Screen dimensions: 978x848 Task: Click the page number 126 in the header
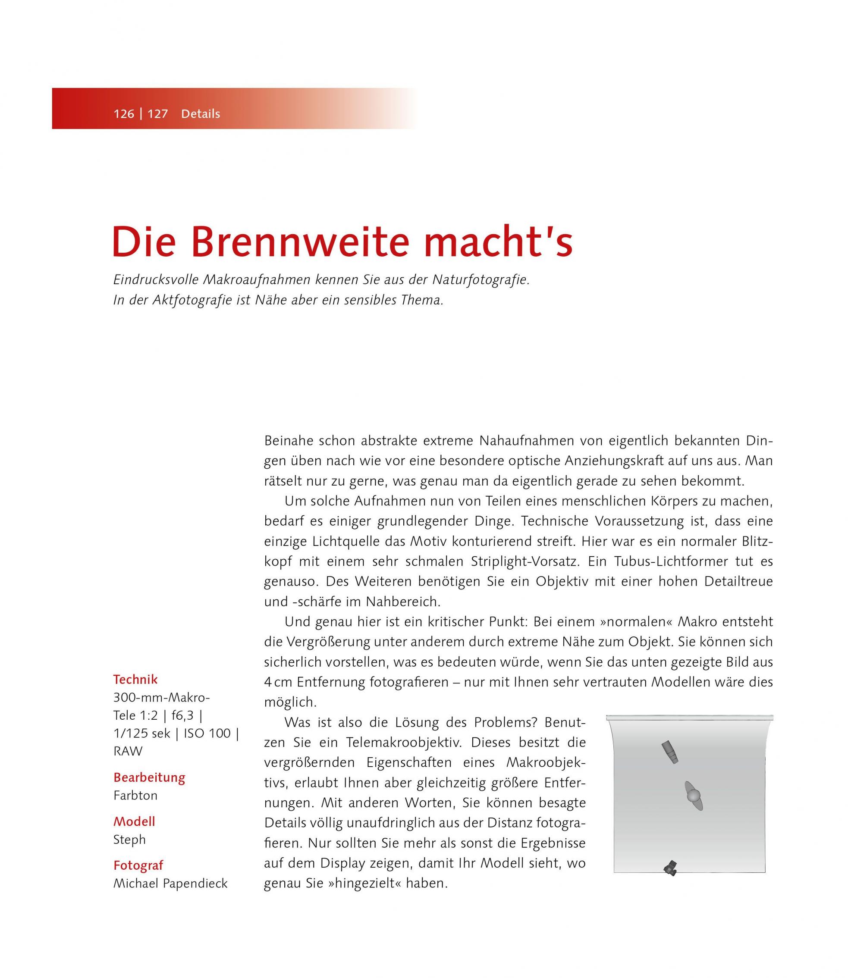coord(123,114)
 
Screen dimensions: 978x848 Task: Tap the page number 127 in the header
coord(157,114)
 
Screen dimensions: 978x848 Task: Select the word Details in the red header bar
coord(201,114)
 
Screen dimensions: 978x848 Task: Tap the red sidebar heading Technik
coord(135,680)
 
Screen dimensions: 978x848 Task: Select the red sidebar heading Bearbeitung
coord(149,777)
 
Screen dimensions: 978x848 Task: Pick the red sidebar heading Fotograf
coord(138,865)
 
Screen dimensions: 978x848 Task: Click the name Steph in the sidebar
coord(129,840)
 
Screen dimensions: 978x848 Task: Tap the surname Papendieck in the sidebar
coord(195,884)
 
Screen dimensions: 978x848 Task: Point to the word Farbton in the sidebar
coord(135,795)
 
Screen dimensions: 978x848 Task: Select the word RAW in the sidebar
coord(128,751)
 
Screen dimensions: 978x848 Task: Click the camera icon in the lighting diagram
coord(671,868)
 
